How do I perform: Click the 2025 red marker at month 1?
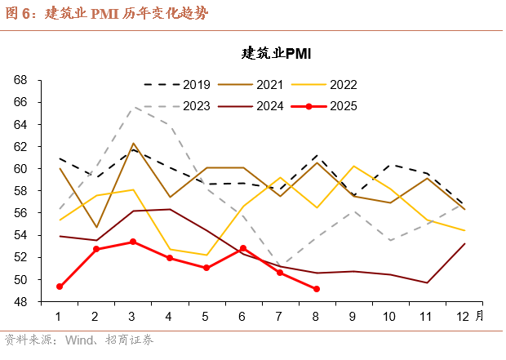[x=60, y=287]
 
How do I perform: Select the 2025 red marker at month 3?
[x=133, y=242]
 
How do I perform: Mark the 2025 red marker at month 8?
[x=317, y=289]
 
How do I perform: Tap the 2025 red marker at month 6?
[x=243, y=248]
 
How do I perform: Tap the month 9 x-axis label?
[x=353, y=317]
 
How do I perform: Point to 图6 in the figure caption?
[x=18, y=13]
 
